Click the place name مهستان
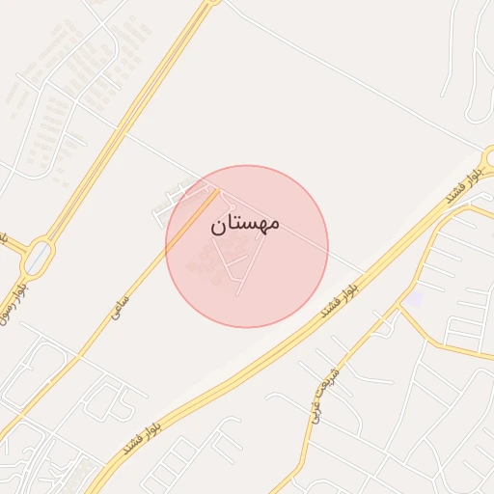tap(244, 223)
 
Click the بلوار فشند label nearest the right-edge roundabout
tap(461, 188)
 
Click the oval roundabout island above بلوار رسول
tap(38, 258)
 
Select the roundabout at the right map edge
tap(490, 156)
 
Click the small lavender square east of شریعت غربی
tap(413, 299)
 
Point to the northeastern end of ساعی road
tap(214, 192)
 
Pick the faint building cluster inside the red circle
tap(205, 259)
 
